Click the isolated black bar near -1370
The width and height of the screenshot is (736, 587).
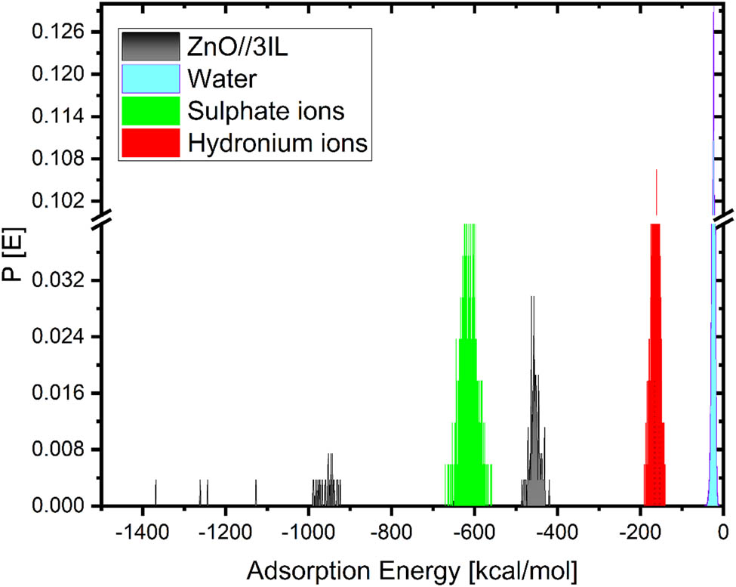[156, 493]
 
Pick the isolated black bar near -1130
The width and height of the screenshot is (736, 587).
[256, 493]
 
